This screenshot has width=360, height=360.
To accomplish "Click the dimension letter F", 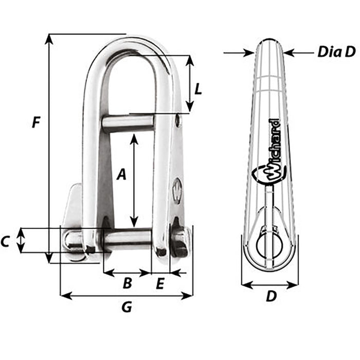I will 35,122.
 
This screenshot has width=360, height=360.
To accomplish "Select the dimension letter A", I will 121,175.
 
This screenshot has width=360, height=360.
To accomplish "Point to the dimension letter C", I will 6,241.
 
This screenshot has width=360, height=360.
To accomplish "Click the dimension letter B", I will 127,283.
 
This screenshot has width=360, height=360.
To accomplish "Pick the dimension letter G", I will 126,308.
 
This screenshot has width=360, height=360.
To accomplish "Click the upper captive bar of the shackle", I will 128,123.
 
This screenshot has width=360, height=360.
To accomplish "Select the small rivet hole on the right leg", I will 177,120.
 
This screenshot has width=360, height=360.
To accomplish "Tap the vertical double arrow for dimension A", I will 134,180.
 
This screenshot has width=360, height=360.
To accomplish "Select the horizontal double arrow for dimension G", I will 126,295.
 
